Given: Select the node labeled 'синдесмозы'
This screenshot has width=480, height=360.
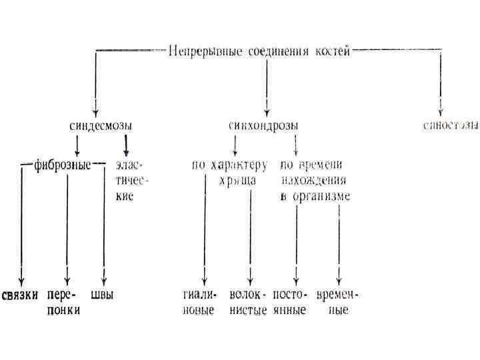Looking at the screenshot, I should pyautogui.click(x=101, y=125).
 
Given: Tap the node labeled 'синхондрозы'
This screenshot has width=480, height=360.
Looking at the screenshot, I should pyautogui.click(x=263, y=125).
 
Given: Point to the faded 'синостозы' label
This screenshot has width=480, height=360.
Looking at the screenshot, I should pyautogui.click(x=451, y=125).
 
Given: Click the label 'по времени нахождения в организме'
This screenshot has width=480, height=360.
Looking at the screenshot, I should pyautogui.click(x=313, y=179).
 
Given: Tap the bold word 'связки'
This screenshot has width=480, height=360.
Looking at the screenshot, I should pyautogui.click(x=19, y=295).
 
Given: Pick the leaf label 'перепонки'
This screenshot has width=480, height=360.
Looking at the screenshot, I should pyautogui.click(x=64, y=302).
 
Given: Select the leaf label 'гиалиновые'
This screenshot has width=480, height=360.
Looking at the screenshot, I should pyautogui.click(x=199, y=302).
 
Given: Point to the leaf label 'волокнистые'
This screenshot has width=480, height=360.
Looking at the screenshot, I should pyautogui.click(x=247, y=302).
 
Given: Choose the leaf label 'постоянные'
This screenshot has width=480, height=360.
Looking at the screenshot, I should pyautogui.click(x=289, y=302).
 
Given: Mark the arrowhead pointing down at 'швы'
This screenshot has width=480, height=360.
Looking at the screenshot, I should pyautogui.click(x=103, y=280).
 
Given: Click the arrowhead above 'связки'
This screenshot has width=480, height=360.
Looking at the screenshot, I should pyautogui.click(x=21, y=280).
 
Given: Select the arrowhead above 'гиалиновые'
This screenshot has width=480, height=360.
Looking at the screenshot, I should pyautogui.click(x=204, y=280).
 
